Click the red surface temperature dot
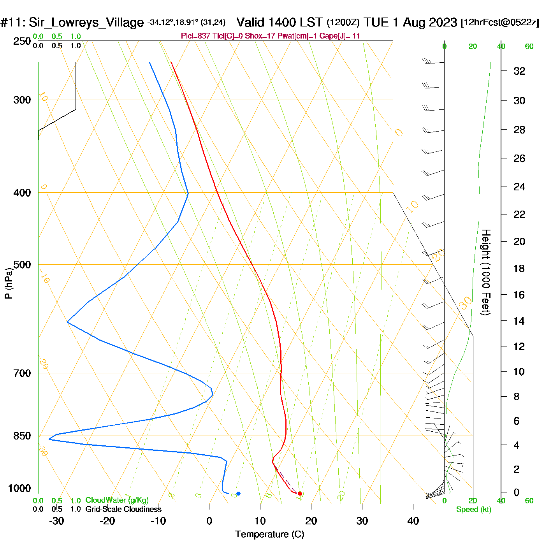[300, 494]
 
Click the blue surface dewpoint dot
[238, 494]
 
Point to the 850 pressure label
[22, 436]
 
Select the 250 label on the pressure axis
[22, 41]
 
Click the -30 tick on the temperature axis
[56, 521]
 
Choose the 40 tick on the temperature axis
[413, 521]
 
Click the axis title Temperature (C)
[269, 534]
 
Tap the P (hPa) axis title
[9, 283]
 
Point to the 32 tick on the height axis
[519, 71]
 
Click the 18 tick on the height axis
[519, 268]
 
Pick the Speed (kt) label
[473, 510]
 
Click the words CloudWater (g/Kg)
[117, 500]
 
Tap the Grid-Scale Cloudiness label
[123, 509]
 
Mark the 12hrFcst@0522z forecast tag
[500, 23]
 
